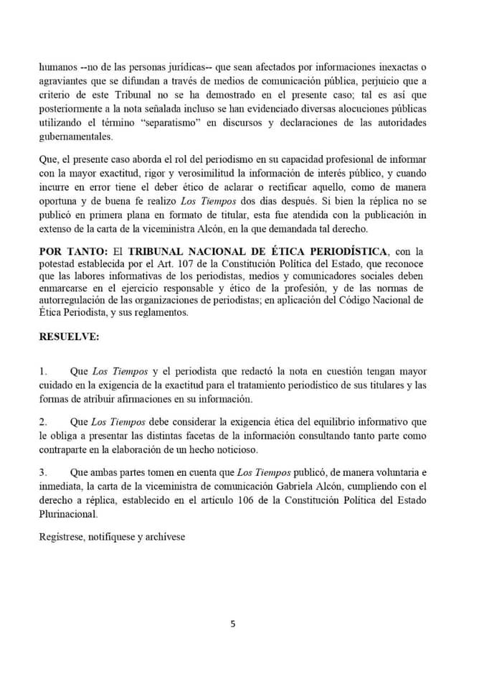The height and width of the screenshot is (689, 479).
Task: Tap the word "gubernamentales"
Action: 76,137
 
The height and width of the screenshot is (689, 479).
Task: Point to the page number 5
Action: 232,624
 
